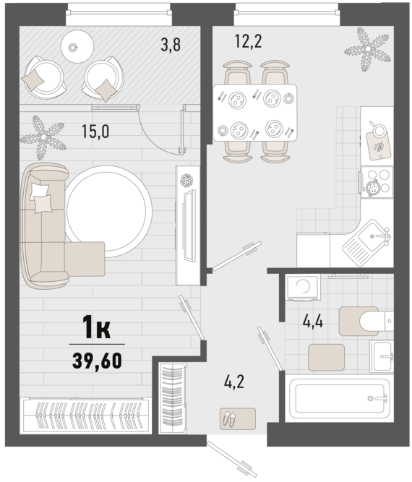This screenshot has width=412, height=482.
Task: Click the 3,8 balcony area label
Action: point(171,45)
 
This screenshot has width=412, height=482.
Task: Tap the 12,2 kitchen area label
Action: point(248,41)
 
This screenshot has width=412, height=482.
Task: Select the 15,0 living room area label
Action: point(95,132)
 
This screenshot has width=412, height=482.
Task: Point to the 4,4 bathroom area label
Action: point(313,322)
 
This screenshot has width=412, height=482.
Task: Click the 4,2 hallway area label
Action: point(234,382)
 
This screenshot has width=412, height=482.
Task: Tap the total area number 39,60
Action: point(97,361)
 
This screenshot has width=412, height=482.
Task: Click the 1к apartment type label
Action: point(97,327)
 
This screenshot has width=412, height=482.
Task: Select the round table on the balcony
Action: point(77,47)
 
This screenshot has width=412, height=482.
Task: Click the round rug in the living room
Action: point(109,211)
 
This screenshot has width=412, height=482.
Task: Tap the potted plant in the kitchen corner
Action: point(367,49)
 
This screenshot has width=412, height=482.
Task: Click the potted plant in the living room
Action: point(43,137)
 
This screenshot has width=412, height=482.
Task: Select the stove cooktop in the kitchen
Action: point(377,182)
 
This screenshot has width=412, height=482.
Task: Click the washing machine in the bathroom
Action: point(303,288)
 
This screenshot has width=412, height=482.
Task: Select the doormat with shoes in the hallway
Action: point(238,418)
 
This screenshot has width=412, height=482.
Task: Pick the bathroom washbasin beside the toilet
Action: point(382,356)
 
